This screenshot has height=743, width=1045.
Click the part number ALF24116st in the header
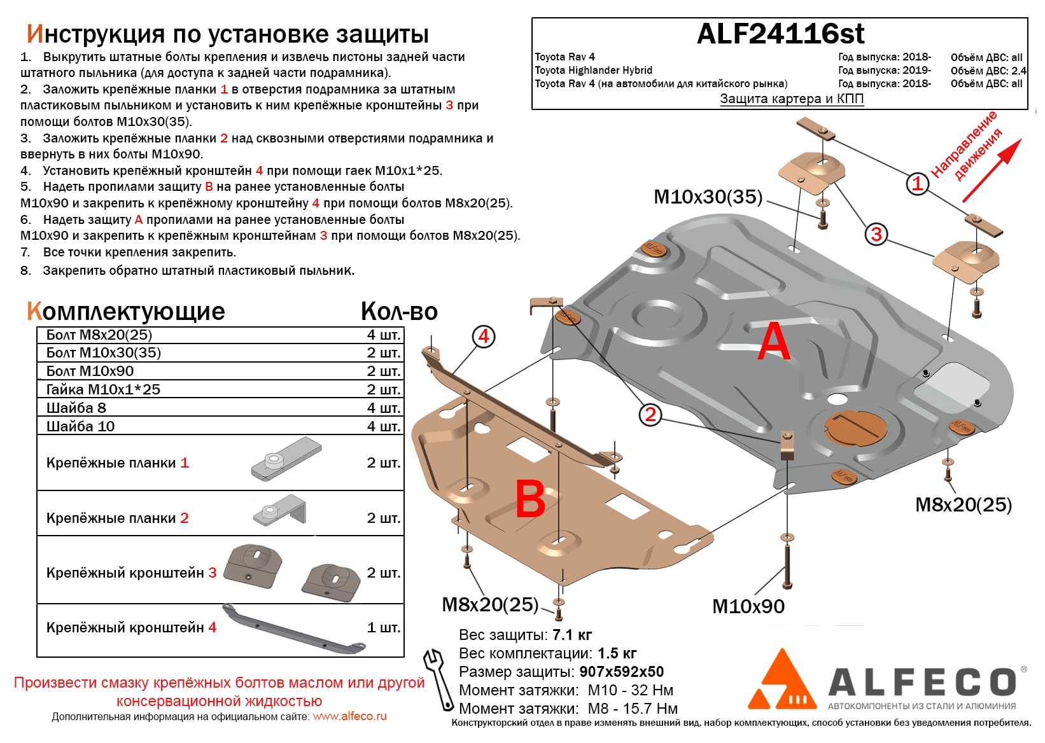coord(780,34)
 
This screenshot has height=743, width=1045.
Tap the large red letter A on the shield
coord(774,342)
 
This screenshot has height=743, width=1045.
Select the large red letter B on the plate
coord(530,499)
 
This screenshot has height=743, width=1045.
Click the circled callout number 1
coord(917,184)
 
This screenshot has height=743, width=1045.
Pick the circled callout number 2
coord(650,415)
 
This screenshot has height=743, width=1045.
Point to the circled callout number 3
coord(876,234)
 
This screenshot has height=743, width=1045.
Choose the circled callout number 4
coord(483,336)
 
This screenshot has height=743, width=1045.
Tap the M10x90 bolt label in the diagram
coord(748,606)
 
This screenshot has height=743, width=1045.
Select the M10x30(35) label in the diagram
coord(708,197)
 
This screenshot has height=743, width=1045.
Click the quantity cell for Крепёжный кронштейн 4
coord(384,627)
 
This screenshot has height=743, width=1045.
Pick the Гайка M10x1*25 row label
coord(103,389)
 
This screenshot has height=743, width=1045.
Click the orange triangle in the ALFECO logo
coord(782,682)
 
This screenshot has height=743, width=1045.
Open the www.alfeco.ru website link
coord(349,716)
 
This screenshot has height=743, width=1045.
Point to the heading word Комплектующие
coord(126,312)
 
